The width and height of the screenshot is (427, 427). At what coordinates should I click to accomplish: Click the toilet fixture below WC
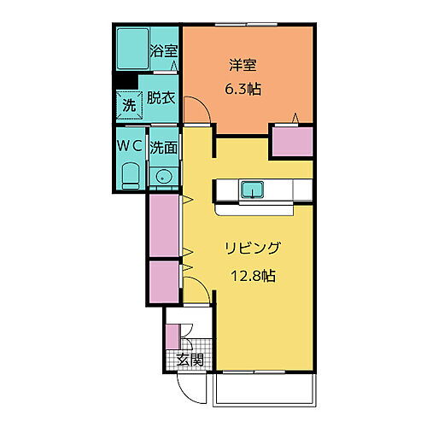tap(130, 175)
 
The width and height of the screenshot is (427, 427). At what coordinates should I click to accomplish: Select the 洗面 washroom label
tap(163, 146)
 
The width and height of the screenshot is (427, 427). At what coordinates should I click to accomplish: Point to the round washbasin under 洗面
tap(162, 177)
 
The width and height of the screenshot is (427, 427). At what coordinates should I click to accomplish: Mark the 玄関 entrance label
tap(190, 360)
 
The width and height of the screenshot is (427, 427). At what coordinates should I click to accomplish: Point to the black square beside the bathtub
tap(126, 82)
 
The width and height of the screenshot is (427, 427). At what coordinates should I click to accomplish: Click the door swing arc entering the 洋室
tap(195, 111)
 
